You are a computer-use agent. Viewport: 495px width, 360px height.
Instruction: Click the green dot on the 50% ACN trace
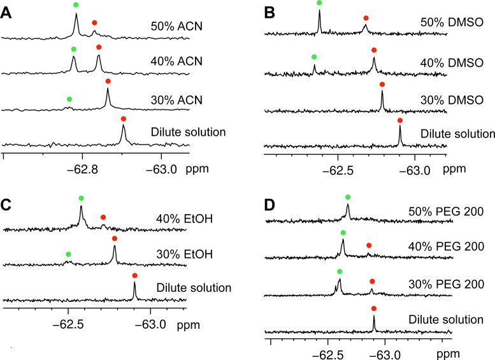coord(76,5)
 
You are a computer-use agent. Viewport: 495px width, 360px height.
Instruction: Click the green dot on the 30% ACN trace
coord(69,99)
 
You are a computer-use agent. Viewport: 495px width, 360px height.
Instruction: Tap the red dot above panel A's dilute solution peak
coord(124,119)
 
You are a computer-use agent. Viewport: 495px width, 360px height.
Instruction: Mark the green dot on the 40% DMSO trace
coord(314,57)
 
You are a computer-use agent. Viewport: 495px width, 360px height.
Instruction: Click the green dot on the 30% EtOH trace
coord(69,254)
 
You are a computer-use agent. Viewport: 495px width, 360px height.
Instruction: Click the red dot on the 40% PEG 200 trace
coord(368,245)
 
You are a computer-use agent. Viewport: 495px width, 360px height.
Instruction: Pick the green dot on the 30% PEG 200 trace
coord(340,271)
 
